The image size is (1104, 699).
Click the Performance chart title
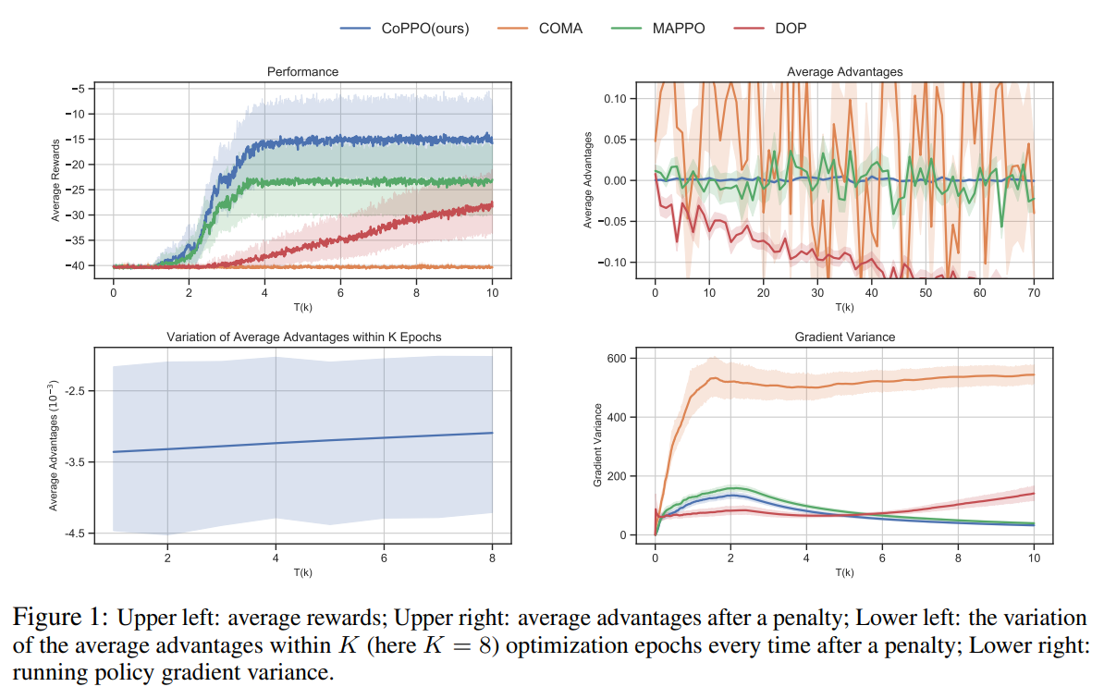[302, 71]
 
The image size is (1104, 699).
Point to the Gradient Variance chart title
[844, 337]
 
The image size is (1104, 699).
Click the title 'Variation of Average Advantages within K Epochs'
[302, 337]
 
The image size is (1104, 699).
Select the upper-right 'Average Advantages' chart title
[844, 71]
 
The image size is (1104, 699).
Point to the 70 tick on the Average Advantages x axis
[1034, 293]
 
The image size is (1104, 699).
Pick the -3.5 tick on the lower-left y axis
[74, 462]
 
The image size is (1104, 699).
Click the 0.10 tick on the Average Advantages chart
[614, 99]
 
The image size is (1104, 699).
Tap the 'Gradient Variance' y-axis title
[597, 446]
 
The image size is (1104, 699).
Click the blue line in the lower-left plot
[302, 442]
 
